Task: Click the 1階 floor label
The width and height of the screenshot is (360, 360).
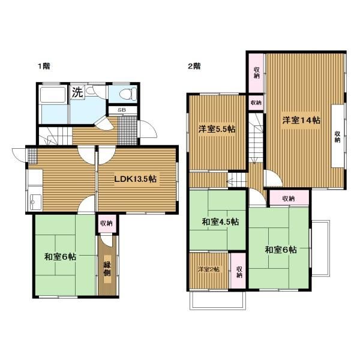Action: [x=44, y=66]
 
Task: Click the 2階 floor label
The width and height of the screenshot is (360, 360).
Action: [x=194, y=66]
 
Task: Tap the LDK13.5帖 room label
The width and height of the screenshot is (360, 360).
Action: [x=136, y=179]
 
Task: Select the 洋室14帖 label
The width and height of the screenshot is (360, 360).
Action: [x=301, y=120]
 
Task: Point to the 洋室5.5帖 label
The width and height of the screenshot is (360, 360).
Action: [x=217, y=129]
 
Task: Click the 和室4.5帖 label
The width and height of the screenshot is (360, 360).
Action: [x=220, y=222]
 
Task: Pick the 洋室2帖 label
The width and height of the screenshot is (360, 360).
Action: [x=209, y=269]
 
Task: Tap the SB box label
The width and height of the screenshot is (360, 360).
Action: [x=122, y=110]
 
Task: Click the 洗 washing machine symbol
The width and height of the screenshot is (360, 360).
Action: [x=77, y=92]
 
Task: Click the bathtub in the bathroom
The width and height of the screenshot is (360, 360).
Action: [x=53, y=94]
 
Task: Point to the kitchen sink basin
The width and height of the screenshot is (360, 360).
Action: [x=35, y=202]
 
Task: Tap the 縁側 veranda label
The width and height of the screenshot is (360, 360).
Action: [x=107, y=269]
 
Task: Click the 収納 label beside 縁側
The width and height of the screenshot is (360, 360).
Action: [x=107, y=223]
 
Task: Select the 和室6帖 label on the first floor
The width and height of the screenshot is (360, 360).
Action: [x=60, y=256]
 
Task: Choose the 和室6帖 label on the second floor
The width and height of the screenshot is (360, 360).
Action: [x=281, y=250]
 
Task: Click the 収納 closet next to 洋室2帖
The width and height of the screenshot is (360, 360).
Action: [x=238, y=271]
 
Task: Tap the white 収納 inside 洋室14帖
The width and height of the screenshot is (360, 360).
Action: [x=337, y=136]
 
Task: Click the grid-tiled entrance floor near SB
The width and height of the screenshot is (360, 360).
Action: [x=127, y=130]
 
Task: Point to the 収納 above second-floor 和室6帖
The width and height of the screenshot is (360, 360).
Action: [x=289, y=198]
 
